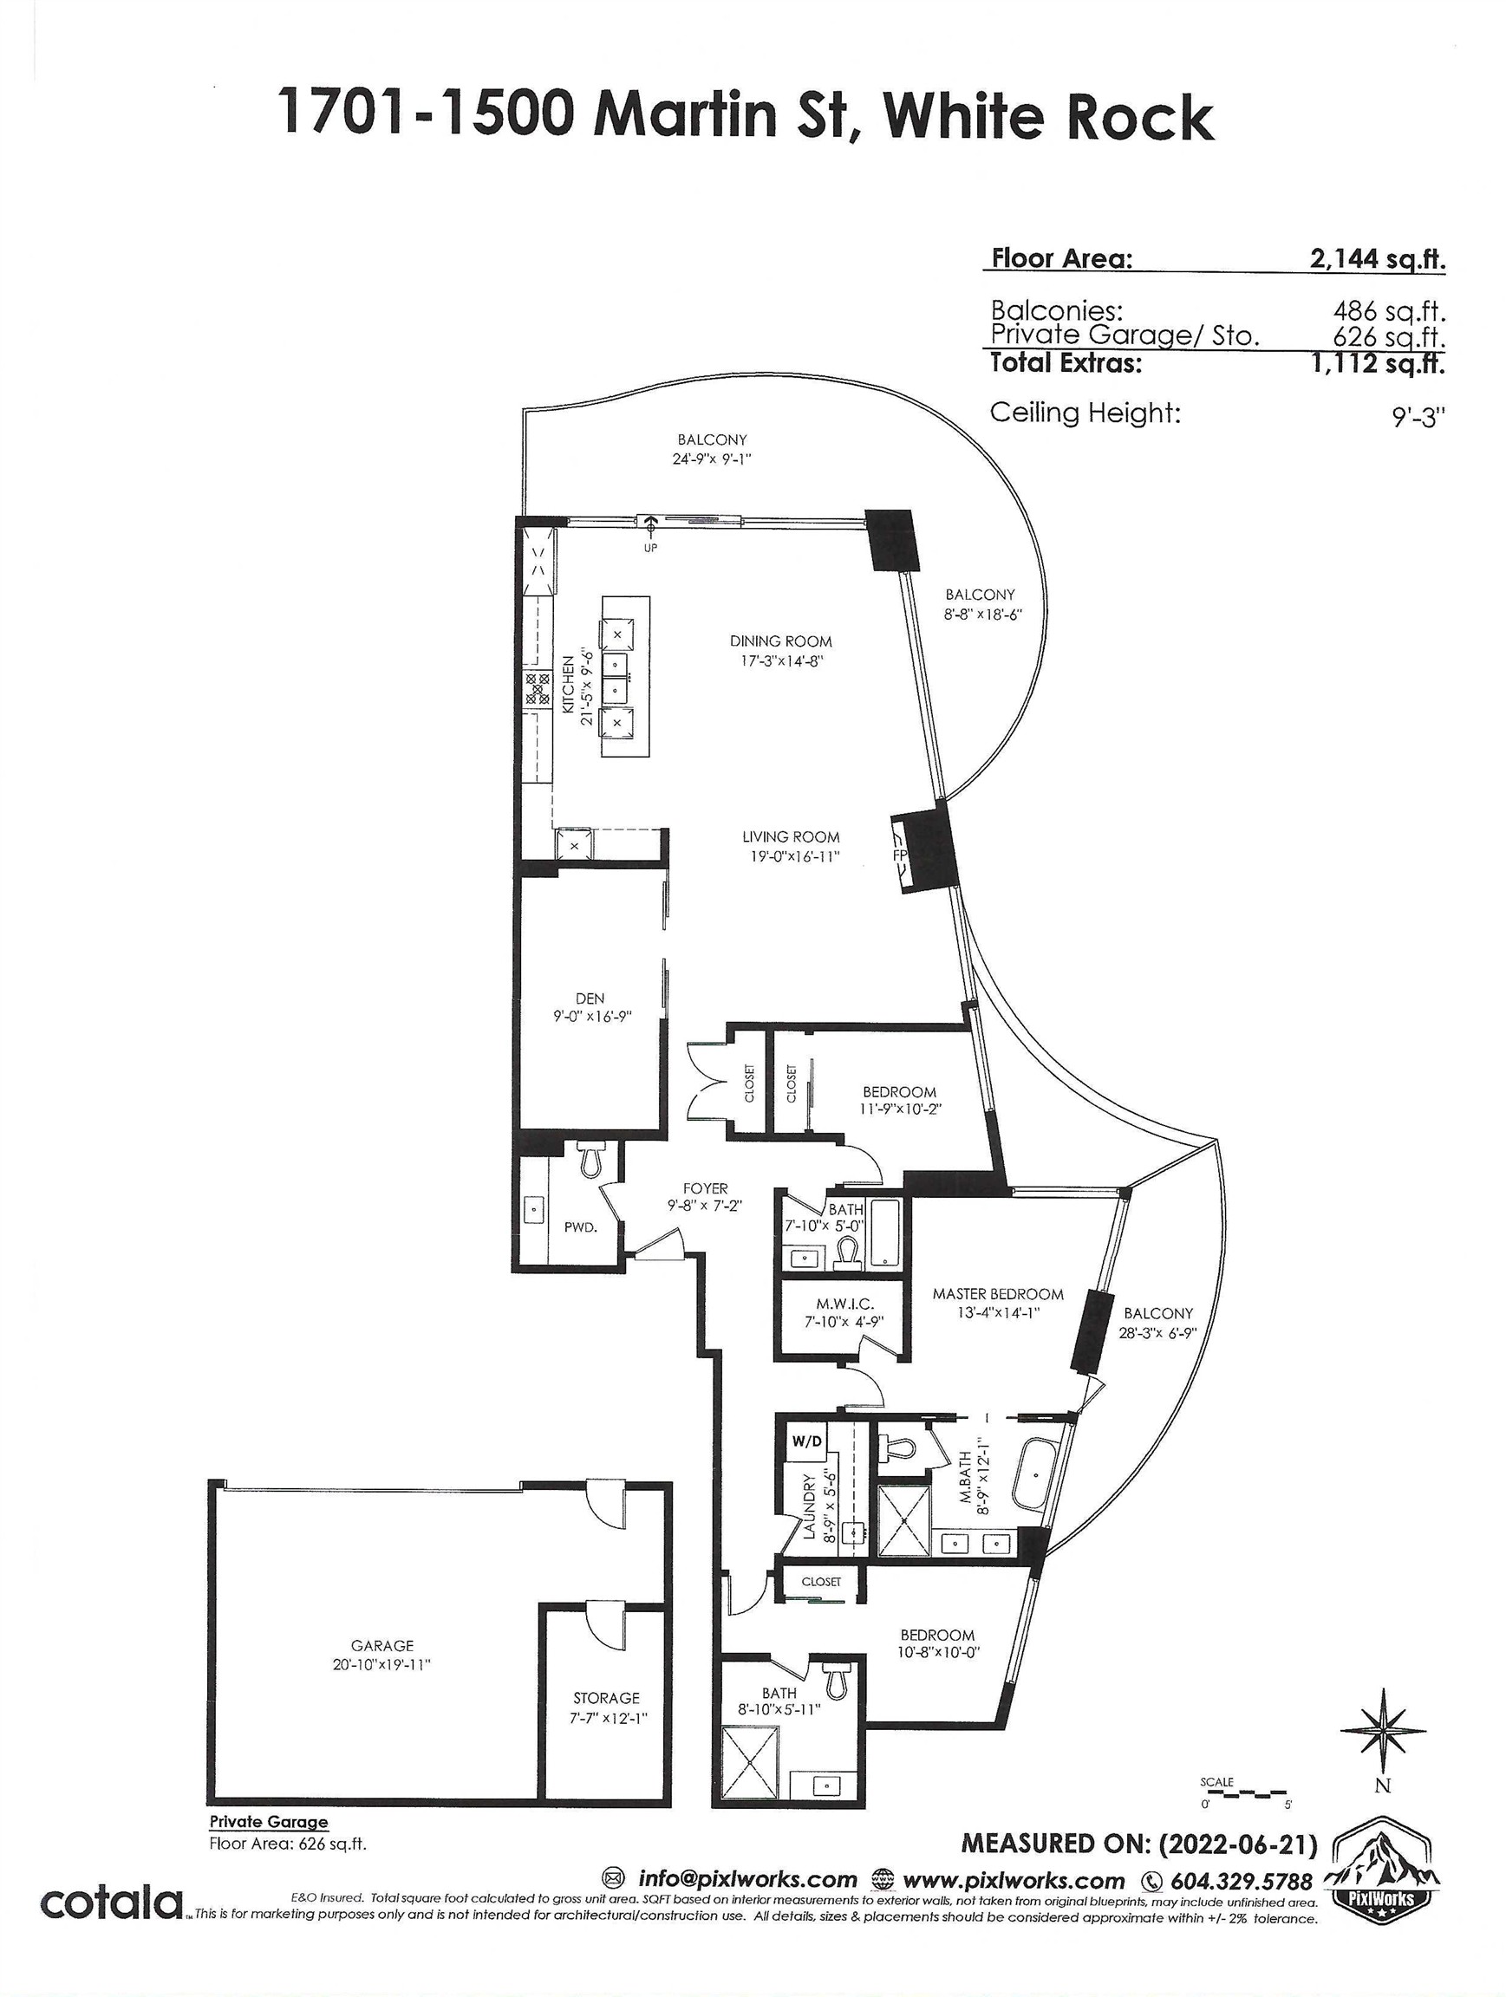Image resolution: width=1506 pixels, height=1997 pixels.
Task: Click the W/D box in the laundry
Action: (806, 1441)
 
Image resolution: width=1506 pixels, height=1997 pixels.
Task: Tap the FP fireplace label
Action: (899, 855)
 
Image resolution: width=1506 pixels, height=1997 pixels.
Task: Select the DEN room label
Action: (590, 998)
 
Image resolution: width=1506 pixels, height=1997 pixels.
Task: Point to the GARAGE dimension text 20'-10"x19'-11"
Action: (381, 1664)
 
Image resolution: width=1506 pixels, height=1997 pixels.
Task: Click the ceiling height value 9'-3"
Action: (1418, 416)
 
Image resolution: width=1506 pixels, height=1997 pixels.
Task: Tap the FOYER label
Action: (705, 1189)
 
